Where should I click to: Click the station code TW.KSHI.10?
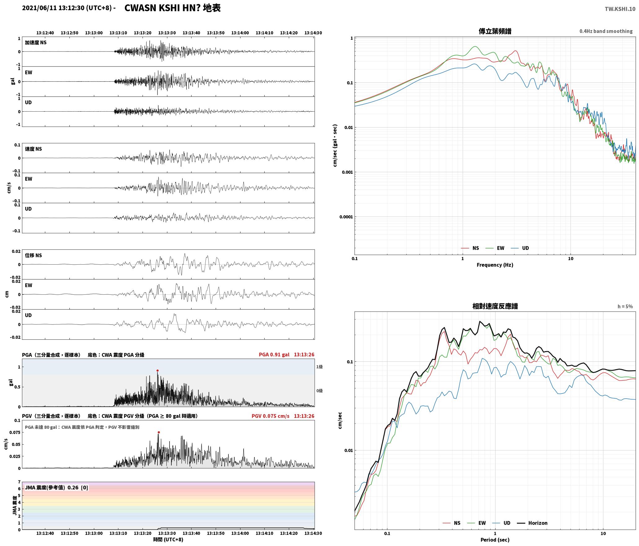(620, 9)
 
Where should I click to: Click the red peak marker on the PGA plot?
(157, 370)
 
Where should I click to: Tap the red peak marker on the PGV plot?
(159, 432)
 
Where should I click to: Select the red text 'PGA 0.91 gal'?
(274, 355)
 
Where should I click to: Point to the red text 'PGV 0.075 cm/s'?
(270, 416)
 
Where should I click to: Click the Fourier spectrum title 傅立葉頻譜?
(495, 31)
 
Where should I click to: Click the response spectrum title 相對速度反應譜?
(495, 306)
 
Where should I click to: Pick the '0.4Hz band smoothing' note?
(606, 31)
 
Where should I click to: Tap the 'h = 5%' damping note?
(625, 307)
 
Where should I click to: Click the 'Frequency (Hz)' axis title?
(495, 265)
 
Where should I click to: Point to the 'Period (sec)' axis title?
(495, 540)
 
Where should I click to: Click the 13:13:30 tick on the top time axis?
(167, 33)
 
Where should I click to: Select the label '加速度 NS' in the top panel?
(36, 43)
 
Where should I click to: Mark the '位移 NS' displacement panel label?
(33, 255)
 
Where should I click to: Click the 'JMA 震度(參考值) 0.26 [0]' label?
(56, 488)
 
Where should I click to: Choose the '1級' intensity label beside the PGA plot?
(319, 367)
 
